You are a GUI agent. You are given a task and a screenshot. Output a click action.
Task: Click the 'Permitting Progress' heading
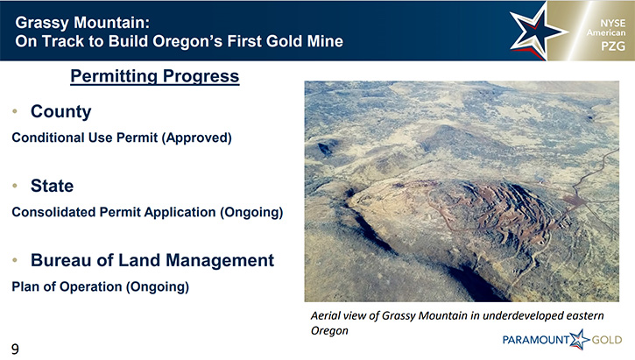155,76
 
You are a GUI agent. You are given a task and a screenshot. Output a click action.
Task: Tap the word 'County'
61,112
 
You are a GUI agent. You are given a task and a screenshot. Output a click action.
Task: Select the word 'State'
53,186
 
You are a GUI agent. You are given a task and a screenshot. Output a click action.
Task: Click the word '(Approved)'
197,138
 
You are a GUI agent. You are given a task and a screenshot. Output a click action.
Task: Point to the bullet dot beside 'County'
15,111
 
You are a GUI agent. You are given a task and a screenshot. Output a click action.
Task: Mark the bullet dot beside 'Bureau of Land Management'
15,260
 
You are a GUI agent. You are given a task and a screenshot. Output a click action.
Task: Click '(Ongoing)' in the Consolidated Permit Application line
251,213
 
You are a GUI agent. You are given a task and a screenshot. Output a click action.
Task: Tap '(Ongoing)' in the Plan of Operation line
158,287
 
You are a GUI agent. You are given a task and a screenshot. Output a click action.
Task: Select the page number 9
15,349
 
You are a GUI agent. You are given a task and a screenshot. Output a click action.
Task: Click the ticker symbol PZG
613,46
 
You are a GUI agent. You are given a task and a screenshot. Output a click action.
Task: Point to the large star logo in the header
536,33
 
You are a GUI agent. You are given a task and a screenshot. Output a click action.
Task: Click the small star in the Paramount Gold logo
580,339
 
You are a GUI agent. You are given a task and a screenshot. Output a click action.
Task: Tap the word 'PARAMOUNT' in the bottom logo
536,340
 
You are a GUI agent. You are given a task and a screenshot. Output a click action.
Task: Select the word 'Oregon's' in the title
187,41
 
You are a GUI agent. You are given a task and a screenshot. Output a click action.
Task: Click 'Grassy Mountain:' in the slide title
82,23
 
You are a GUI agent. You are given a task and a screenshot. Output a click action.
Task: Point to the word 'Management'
220,261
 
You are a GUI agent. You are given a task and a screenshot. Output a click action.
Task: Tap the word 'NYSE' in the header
613,23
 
